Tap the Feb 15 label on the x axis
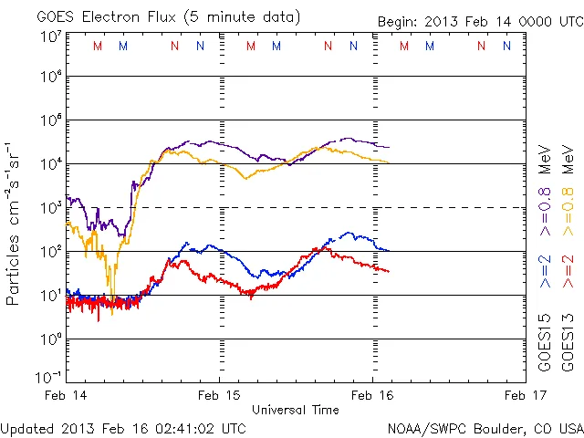(x=219, y=395)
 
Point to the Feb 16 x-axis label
(x=372, y=395)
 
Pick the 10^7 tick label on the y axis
(x=50, y=37)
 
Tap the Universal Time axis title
(x=296, y=410)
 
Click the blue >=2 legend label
(x=544, y=271)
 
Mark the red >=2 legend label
(x=568, y=271)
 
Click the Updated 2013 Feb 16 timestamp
(x=123, y=427)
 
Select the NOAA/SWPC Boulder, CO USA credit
(x=485, y=427)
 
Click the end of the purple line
(x=389, y=147)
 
